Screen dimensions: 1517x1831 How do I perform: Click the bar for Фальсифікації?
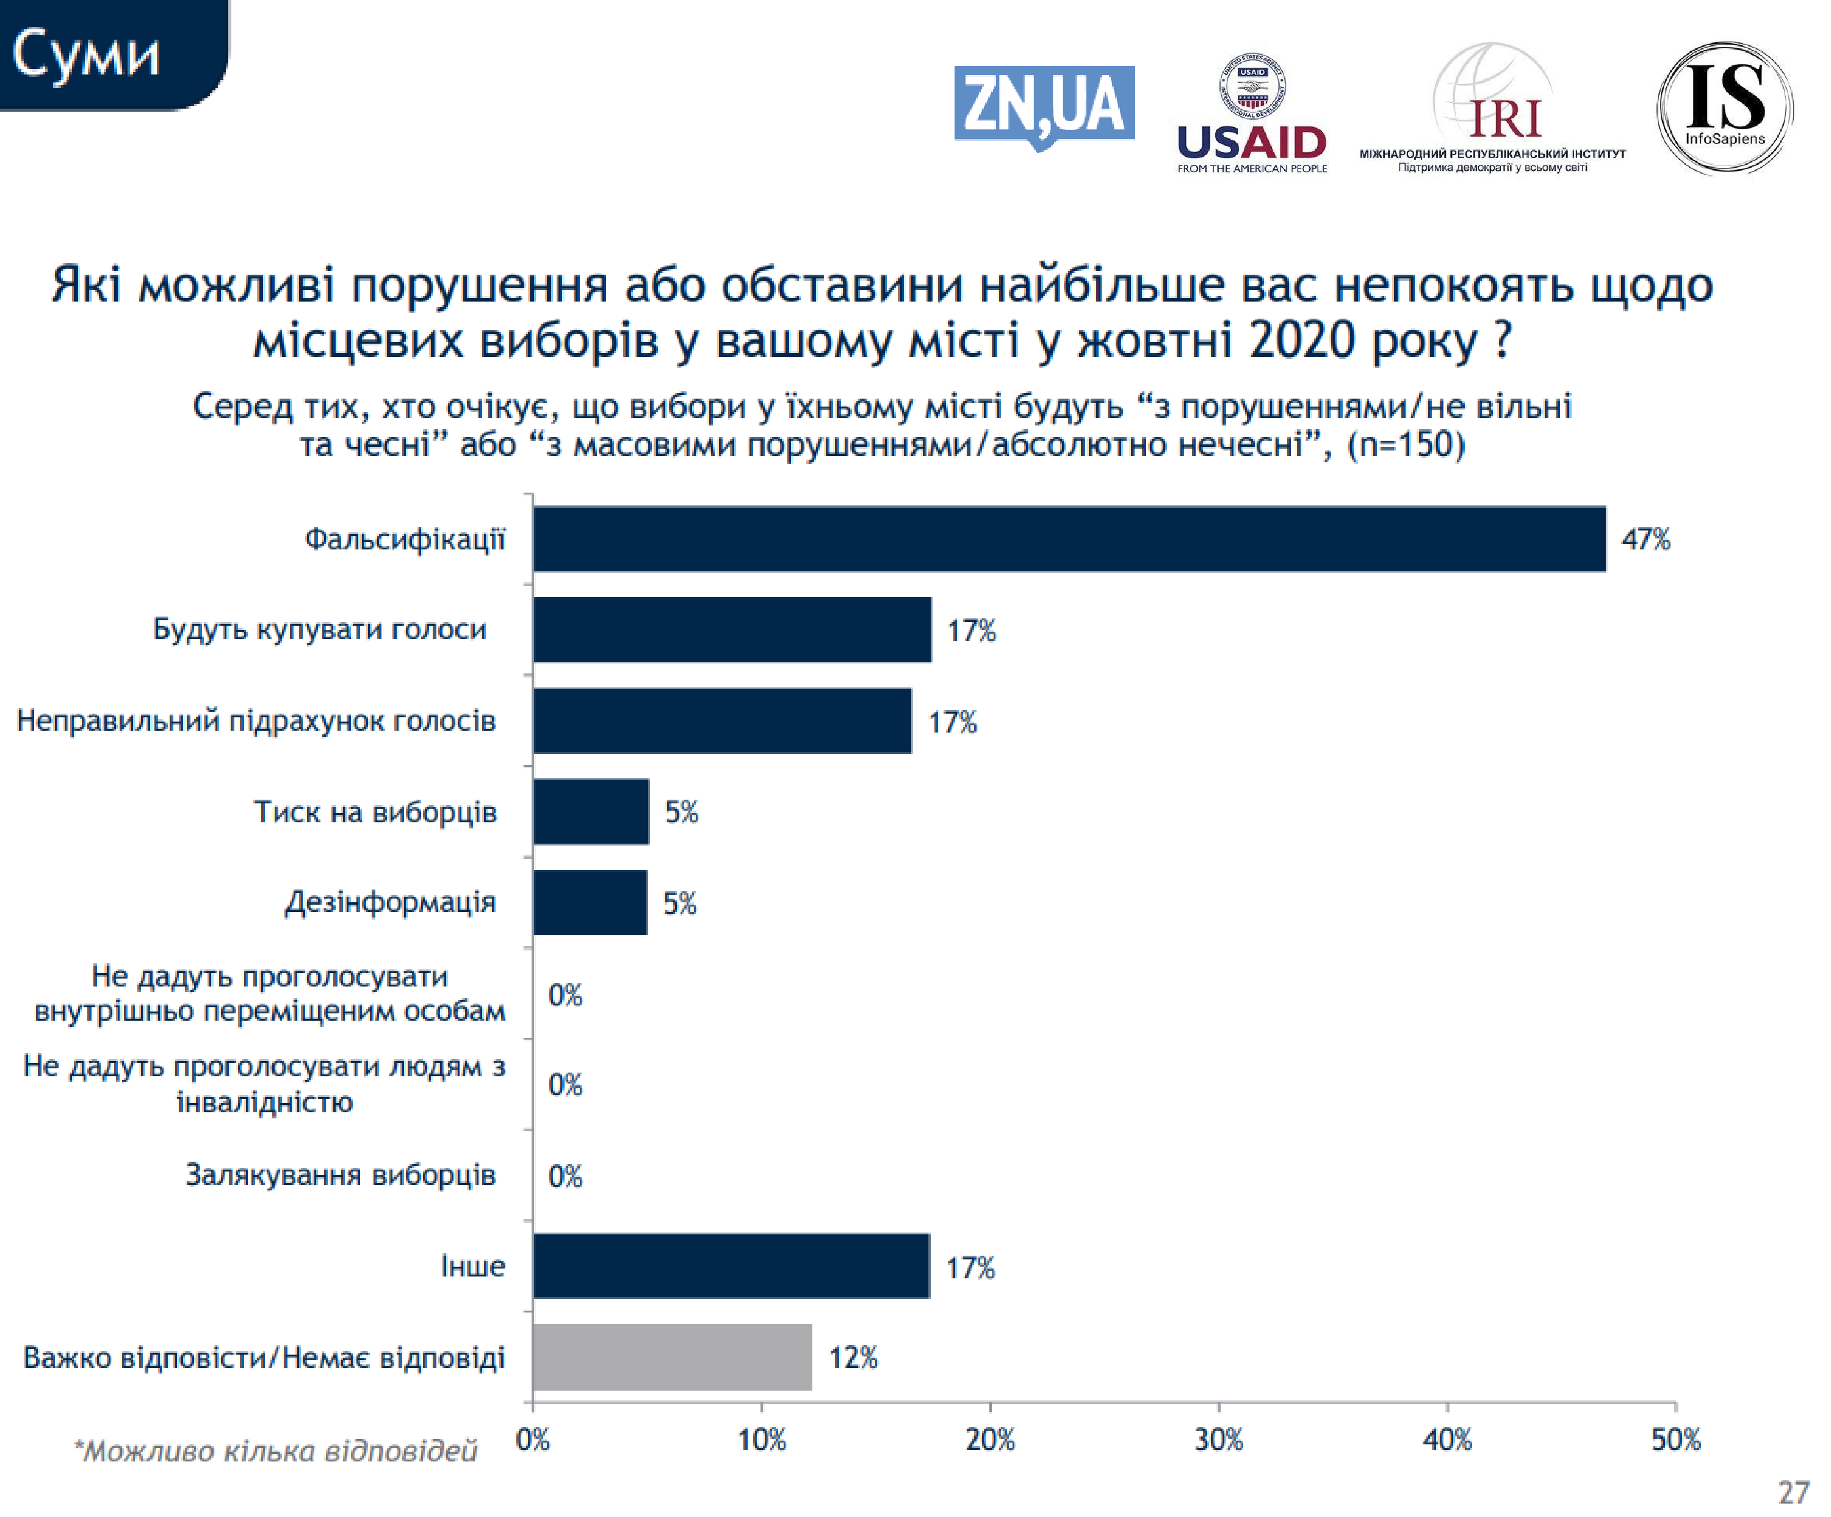1068,539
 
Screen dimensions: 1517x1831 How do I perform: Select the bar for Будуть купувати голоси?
732,629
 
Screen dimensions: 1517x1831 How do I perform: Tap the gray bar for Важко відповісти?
671,1356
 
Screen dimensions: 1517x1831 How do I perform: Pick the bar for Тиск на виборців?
590,812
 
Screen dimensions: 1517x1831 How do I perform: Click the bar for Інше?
731,1266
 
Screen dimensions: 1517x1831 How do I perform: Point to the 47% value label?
1645,539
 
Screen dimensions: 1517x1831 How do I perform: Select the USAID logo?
1251,114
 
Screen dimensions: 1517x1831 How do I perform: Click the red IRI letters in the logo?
1505,120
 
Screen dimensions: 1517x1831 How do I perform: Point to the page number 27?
1793,1493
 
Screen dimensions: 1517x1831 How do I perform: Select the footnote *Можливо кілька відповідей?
275,1450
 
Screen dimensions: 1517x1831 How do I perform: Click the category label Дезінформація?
390,902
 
